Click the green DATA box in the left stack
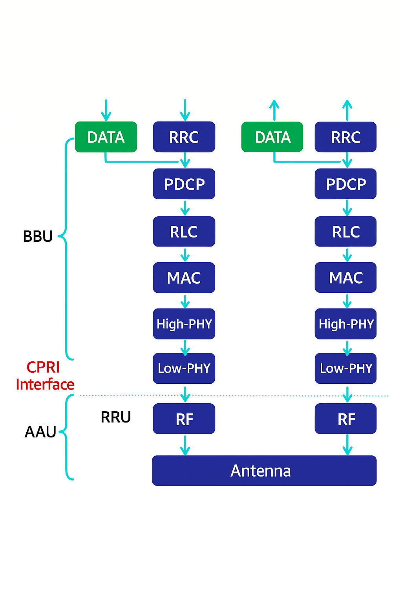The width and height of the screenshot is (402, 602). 106,137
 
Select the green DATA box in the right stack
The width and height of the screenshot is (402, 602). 272,137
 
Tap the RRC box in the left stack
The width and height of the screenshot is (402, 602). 184,137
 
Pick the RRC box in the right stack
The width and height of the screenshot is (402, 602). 345,137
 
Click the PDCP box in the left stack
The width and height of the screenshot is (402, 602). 184,184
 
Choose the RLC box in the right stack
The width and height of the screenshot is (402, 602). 345,232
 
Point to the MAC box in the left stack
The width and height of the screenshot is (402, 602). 184,277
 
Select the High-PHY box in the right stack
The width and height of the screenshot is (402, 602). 345,324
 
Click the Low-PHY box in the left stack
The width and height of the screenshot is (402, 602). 184,368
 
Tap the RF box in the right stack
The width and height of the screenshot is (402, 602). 345,419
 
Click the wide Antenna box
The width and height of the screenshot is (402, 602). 264,471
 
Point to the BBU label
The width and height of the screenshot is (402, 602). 38,236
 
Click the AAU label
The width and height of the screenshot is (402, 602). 40,432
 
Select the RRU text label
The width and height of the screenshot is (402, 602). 116,417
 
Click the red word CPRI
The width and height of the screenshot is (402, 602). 43,367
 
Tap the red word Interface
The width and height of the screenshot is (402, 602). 45,384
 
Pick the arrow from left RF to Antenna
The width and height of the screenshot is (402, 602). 185,445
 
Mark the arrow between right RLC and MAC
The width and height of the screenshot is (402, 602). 347,254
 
